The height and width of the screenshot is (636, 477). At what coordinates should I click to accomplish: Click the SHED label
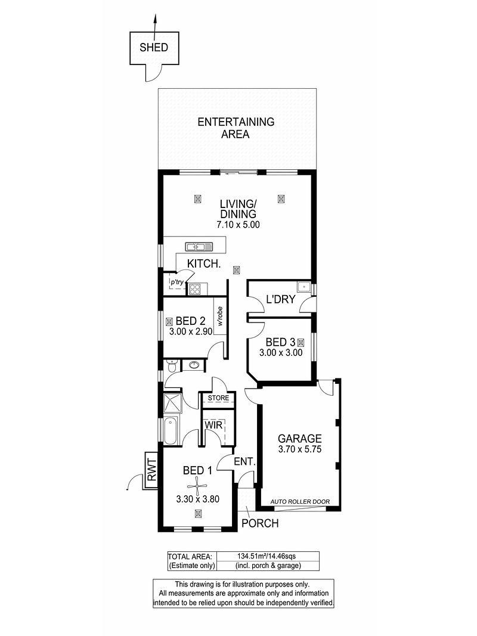click(154, 48)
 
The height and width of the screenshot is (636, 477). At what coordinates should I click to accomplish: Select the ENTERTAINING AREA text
click(236, 128)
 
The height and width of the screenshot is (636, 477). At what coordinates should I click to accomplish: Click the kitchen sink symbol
click(199, 246)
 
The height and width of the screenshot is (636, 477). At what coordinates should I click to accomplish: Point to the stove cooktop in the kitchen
click(195, 289)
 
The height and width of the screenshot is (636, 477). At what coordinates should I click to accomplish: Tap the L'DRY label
click(281, 299)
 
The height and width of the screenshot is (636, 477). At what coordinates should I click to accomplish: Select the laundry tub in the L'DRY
click(303, 287)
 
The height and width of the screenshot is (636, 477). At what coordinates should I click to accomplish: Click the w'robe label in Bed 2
click(220, 316)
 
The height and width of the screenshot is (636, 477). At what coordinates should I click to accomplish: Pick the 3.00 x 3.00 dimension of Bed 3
click(281, 352)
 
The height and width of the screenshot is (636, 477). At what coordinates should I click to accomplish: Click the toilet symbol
click(172, 366)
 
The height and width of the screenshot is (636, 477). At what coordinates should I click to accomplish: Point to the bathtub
click(171, 430)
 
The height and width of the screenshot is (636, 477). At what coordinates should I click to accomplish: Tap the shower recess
click(173, 403)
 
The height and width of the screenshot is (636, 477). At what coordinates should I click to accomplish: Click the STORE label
click(218, 398)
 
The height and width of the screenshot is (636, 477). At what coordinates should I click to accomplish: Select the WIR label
click(213, 425)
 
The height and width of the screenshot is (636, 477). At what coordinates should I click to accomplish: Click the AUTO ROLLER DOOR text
click(300, 501)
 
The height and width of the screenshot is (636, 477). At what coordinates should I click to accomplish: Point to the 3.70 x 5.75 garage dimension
click(300, 449)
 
